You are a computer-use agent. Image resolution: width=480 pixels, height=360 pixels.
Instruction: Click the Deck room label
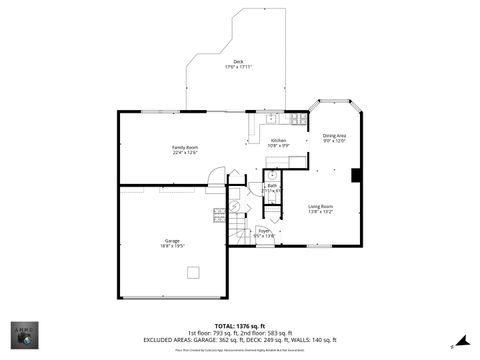[238, 61]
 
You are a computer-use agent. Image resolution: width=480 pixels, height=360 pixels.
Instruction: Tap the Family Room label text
[185, 147]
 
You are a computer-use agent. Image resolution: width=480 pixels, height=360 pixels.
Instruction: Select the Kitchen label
[278, 140]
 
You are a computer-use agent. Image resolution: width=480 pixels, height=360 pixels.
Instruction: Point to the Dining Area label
[334, 135]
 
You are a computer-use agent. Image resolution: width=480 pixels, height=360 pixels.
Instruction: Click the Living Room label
[320, 206]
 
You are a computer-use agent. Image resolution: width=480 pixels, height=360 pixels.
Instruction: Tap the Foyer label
[264, 230]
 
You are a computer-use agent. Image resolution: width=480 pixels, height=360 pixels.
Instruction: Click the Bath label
[272, 185]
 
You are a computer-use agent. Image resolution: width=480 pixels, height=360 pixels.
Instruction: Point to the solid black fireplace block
[356, 175]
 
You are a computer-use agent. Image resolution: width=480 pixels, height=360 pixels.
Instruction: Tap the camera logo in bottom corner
[25, 336]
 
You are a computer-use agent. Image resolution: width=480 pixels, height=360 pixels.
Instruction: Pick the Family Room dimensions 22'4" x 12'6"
[185, 153]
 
